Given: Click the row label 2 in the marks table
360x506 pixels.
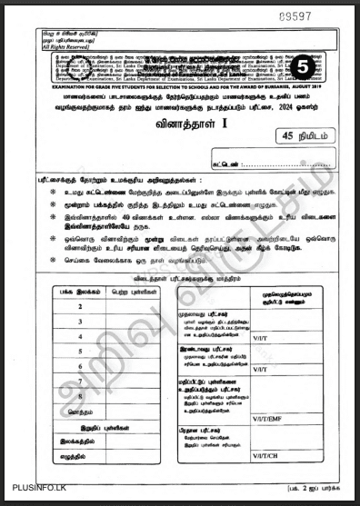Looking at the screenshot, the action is pyautogui.click(x=81, y=306).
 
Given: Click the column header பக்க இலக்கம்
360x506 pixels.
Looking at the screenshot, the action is pyautogui.click(x=81, y=291).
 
